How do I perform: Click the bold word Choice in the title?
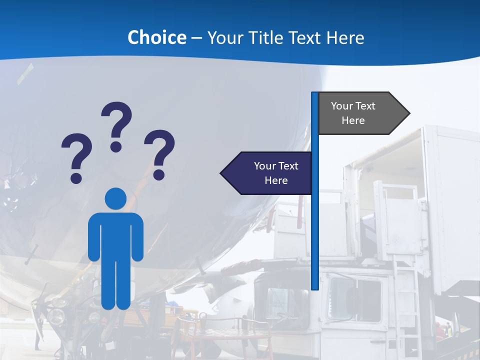click(x=156, y=37)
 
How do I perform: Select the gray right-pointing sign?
click(x=360, y=113)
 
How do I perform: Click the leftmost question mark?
click(x=76, y=152)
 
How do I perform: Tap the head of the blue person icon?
click(x=116, y=198)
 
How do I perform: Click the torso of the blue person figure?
click(x=116, y=235)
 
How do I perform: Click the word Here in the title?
click(x=345, y=37)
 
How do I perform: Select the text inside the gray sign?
click(x=353, y=113)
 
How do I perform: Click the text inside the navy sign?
click(x=276, y=173)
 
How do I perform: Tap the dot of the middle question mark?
click(x=116, y=146)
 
